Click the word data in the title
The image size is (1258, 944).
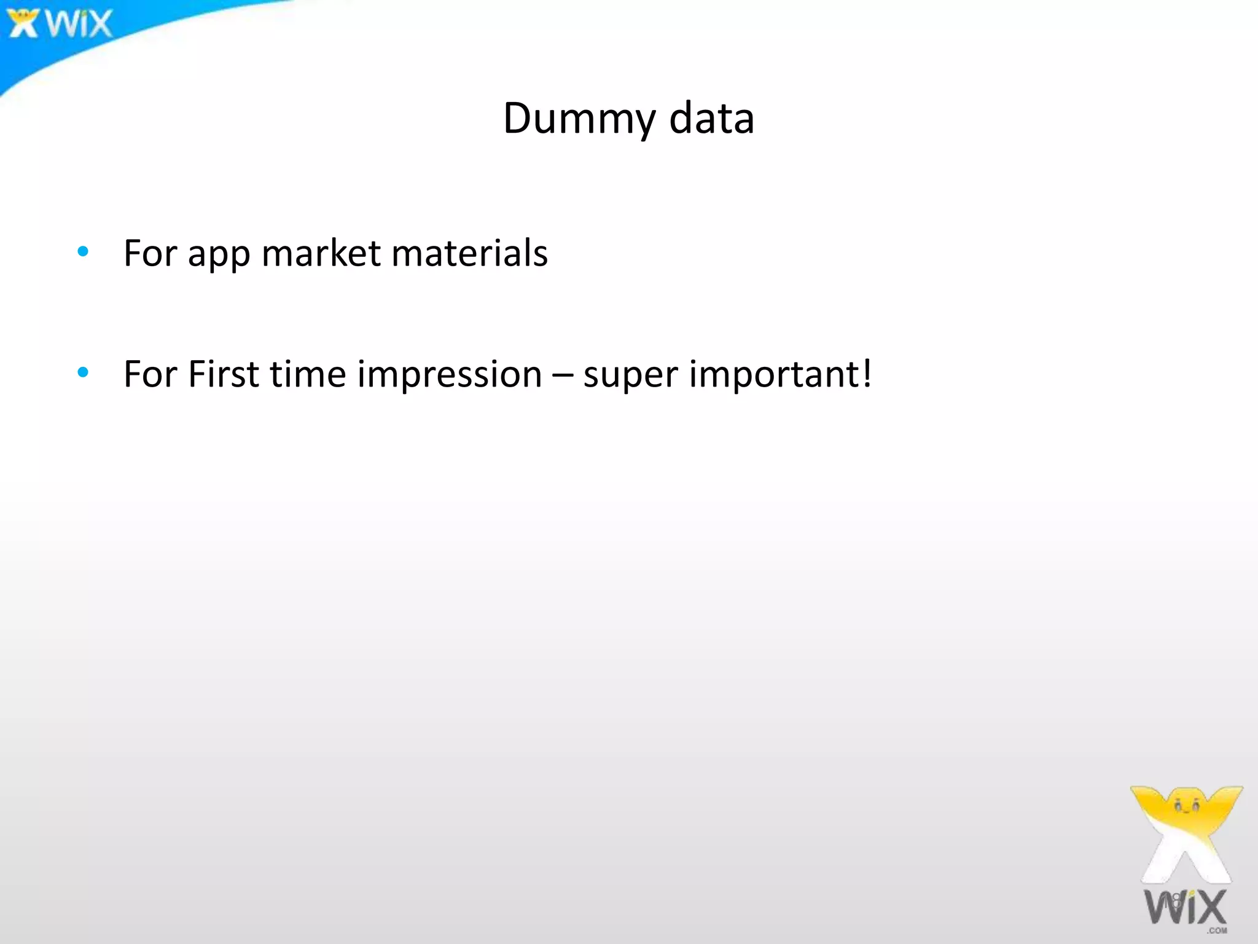coord(711,119)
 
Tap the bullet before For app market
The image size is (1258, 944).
coord(83,251)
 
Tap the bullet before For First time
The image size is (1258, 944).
coord(83,372)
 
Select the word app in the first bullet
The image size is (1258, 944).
coord(219,255)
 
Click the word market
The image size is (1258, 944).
coord(321,253)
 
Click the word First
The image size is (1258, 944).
coord(224,374)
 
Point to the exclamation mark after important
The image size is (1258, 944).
coord(866,372)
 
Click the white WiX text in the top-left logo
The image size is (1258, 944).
coord(79,25)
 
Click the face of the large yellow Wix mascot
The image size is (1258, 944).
coord(1186,805)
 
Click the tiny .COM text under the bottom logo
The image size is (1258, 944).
coord(1217,930)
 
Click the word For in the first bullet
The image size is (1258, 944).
coord(150,253)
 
